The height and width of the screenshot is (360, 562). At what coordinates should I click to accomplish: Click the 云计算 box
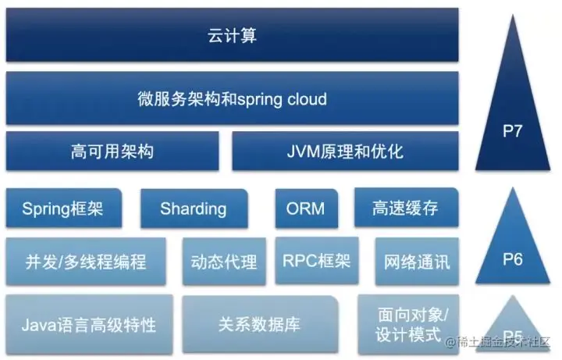pos(233,35)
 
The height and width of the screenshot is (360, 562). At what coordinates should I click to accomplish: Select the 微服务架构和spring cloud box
pos(233,99)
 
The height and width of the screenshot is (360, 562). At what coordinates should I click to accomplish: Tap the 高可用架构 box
pos(112,151)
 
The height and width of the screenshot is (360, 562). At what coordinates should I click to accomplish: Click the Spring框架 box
pos(63,209)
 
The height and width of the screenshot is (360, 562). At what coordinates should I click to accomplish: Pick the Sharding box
pos(194,209)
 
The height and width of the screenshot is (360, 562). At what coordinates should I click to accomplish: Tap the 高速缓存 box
pos(405,209)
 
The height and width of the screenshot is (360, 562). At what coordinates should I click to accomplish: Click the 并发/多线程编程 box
pos(86,261)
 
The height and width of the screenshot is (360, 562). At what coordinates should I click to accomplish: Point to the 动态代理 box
pos(224,261)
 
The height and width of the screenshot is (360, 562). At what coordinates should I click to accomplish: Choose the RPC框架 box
pos(316,261)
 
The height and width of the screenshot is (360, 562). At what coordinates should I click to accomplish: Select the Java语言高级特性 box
pos(89,322)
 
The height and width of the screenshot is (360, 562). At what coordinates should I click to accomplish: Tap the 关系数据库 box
pos(260,322)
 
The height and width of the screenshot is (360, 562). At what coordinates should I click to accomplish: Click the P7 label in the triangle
pos(513,130)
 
